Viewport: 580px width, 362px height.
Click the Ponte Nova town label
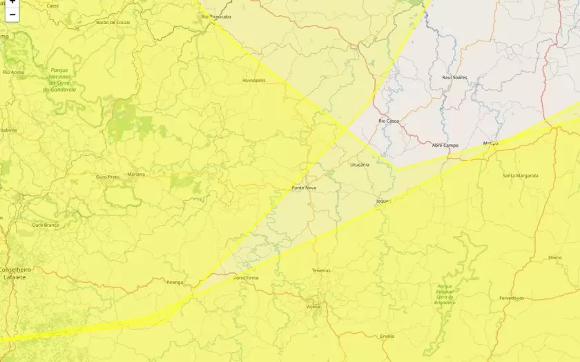pyautogui.click(x=304, y=188)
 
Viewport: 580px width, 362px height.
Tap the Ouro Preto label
pyautogui.click(x=107, y=177)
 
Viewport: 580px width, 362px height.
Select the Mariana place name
pyautogui.click(x=136, y=174)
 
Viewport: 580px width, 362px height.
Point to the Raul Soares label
pyautogui.click(x=454, y=77)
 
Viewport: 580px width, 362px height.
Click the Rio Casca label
pyautogui.click(x=389, y=121)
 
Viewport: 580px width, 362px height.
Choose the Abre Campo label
pyautogui.click(x=445, y=145)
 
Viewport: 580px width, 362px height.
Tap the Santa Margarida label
pyautogui.click(x=520, y=176)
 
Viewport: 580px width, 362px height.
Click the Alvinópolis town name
pyautogui.click(x=253, y=81)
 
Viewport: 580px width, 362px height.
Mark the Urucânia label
pyautogui.click(x=360, y=165)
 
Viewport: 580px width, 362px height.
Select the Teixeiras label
pyautogui.click(x=321, y=270)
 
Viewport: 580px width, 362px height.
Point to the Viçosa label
pyautogui.click(x=313, y=306)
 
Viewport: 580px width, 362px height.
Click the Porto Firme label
pyautogui.click(x=246, y=278)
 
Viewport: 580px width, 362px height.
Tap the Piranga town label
pyautogui.click(x=175, y=282)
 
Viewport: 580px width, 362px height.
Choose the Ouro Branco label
pyautogui.click(x=46, y=225)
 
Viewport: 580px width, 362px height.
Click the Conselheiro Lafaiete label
pyautogui.click(x=16, y=273)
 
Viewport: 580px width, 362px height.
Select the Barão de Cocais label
pyautogui.click(x=113, y=22)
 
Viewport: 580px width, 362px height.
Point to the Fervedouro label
pyautogui.click(x=512, y=298)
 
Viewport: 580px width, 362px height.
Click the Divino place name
pyautogui.click(x=555, y=257)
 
